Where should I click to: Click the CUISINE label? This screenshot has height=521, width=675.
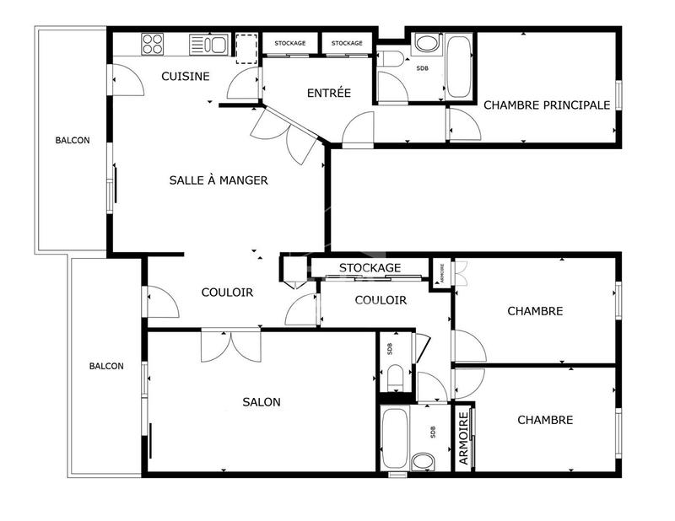186,77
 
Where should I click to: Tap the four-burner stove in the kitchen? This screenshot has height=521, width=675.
153,43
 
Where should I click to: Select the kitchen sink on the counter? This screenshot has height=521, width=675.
208,44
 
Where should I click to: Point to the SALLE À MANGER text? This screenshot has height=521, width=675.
219,180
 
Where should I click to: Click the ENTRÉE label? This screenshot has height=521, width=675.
328,94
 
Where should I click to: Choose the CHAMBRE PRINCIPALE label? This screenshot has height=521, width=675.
546,105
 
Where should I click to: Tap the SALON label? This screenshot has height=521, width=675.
262,402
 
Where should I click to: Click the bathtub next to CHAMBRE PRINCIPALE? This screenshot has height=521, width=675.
460,66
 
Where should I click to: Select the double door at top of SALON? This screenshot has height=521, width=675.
226,346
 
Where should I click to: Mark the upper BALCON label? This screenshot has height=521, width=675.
72,141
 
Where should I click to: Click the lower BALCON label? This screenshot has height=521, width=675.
107,366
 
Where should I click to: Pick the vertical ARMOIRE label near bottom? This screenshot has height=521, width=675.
463,438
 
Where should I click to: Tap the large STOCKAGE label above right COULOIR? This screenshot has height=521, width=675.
370,268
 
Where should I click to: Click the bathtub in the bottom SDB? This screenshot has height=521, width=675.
397,438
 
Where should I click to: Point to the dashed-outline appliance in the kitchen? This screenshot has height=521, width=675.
246,48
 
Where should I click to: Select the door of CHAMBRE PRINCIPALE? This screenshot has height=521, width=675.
463,125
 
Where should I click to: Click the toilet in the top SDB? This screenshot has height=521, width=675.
391,58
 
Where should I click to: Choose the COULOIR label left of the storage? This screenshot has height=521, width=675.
227,293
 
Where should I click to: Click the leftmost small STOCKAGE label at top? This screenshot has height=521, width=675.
289,43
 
